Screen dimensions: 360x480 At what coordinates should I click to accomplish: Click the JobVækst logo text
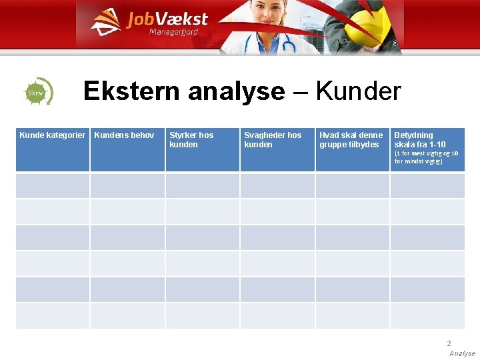[x=167, y=19]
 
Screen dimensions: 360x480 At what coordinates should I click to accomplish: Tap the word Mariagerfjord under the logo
[x=173, y=33]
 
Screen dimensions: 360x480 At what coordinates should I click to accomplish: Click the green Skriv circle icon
[x=37, y=93]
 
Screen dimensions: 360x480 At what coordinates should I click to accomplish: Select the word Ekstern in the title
[x=132, y=91]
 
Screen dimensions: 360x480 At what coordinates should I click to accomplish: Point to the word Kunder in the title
[x=359, y=91]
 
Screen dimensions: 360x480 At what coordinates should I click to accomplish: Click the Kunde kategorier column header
[x=53, y=135]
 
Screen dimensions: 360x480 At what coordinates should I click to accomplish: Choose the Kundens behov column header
[x=124, y=135]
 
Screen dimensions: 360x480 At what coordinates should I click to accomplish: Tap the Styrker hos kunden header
[x=191, y=139]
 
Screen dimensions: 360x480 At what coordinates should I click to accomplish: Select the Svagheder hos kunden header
[x=273, y=139]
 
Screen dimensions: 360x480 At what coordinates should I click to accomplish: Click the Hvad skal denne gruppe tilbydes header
[x=351, y=139]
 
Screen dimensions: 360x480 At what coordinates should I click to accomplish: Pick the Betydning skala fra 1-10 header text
[x=419, y=139]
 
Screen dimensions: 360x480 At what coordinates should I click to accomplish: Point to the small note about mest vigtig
[x=426, y=157]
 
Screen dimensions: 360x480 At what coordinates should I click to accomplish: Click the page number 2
[x=449, y=343]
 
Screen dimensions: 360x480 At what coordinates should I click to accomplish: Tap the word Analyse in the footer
[x=462, y=353]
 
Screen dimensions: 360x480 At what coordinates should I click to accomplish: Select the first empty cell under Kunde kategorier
[x=53, y=186]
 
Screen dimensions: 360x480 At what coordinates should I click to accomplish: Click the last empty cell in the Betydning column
[x=427, y=315]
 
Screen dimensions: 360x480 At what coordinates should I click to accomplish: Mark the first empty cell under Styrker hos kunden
[x=202, y=186]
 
